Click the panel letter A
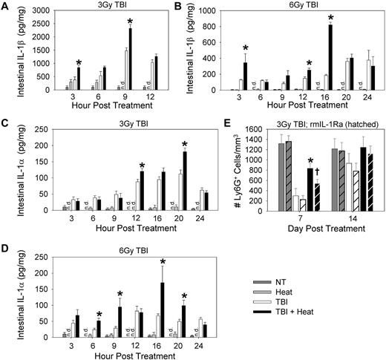point(6,7)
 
